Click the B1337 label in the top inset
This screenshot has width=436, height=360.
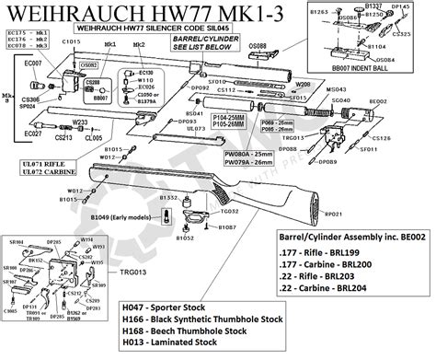373,6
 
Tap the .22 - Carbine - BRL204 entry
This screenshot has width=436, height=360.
336,287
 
